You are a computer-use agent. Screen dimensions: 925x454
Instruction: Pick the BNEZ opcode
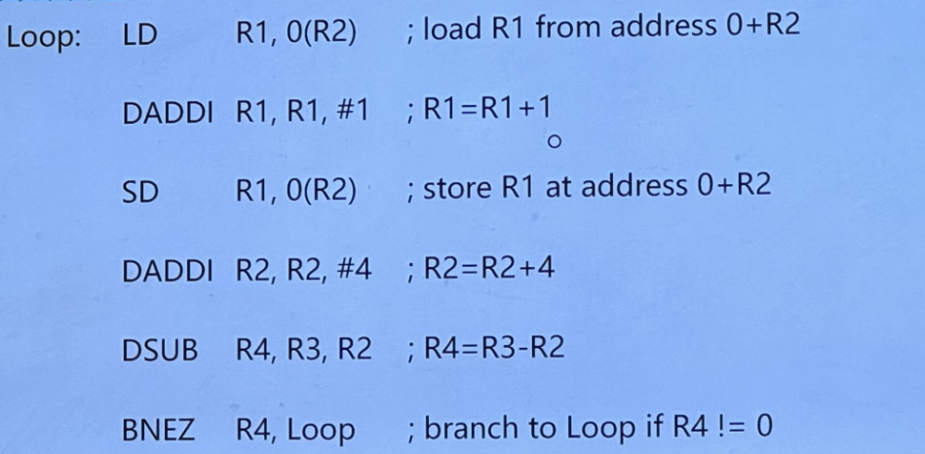point(158,426)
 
